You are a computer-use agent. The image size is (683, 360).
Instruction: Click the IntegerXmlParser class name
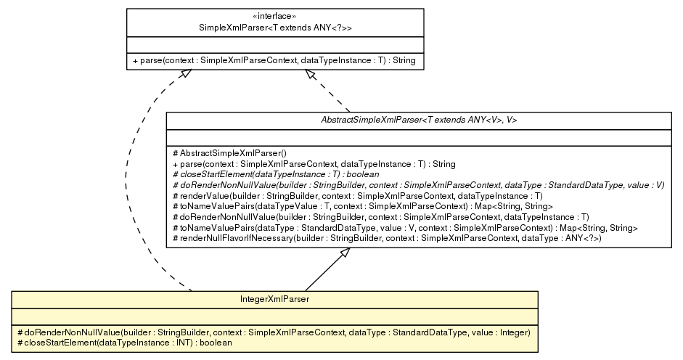point(274,298)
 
